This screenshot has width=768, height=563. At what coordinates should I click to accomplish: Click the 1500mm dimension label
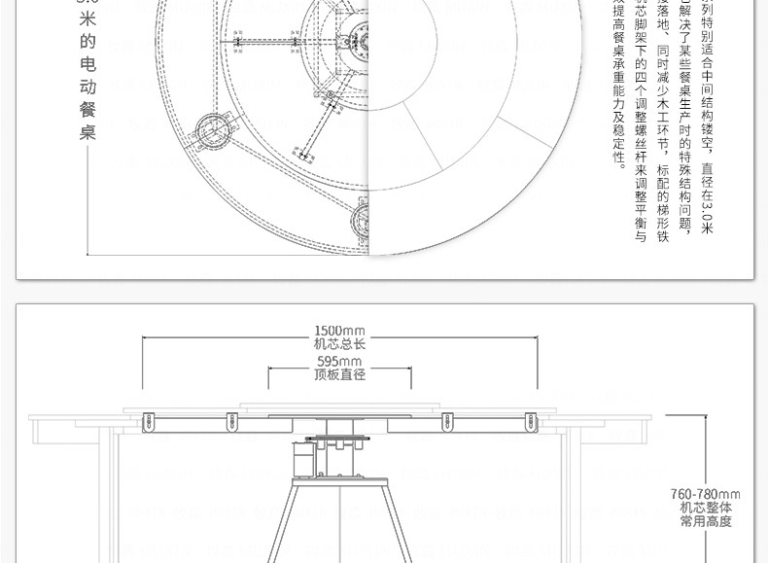tap(340, 330)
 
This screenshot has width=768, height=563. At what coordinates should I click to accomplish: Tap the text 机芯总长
tap(340, 343)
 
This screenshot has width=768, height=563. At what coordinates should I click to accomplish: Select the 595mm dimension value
tap(340, 362)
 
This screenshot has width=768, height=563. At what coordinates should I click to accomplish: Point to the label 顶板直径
tap(340, 374)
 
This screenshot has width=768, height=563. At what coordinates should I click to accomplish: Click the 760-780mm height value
tap(706, 494)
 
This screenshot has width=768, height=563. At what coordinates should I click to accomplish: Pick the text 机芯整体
tap(706, 508)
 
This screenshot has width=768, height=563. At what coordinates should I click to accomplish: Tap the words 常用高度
tap(706, 521)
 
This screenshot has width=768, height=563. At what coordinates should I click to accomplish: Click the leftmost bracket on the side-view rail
tap(149, 422)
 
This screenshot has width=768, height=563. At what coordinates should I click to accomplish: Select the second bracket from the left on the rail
tap(231, 422)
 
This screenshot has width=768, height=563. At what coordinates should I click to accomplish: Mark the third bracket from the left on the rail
tap(448, 422)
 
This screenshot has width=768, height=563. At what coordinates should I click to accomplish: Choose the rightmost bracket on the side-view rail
tap(531, 422)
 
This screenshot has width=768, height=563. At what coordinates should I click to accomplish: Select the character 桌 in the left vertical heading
tap(88, 131)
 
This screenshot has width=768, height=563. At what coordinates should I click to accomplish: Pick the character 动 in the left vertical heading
tap(88, 86)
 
